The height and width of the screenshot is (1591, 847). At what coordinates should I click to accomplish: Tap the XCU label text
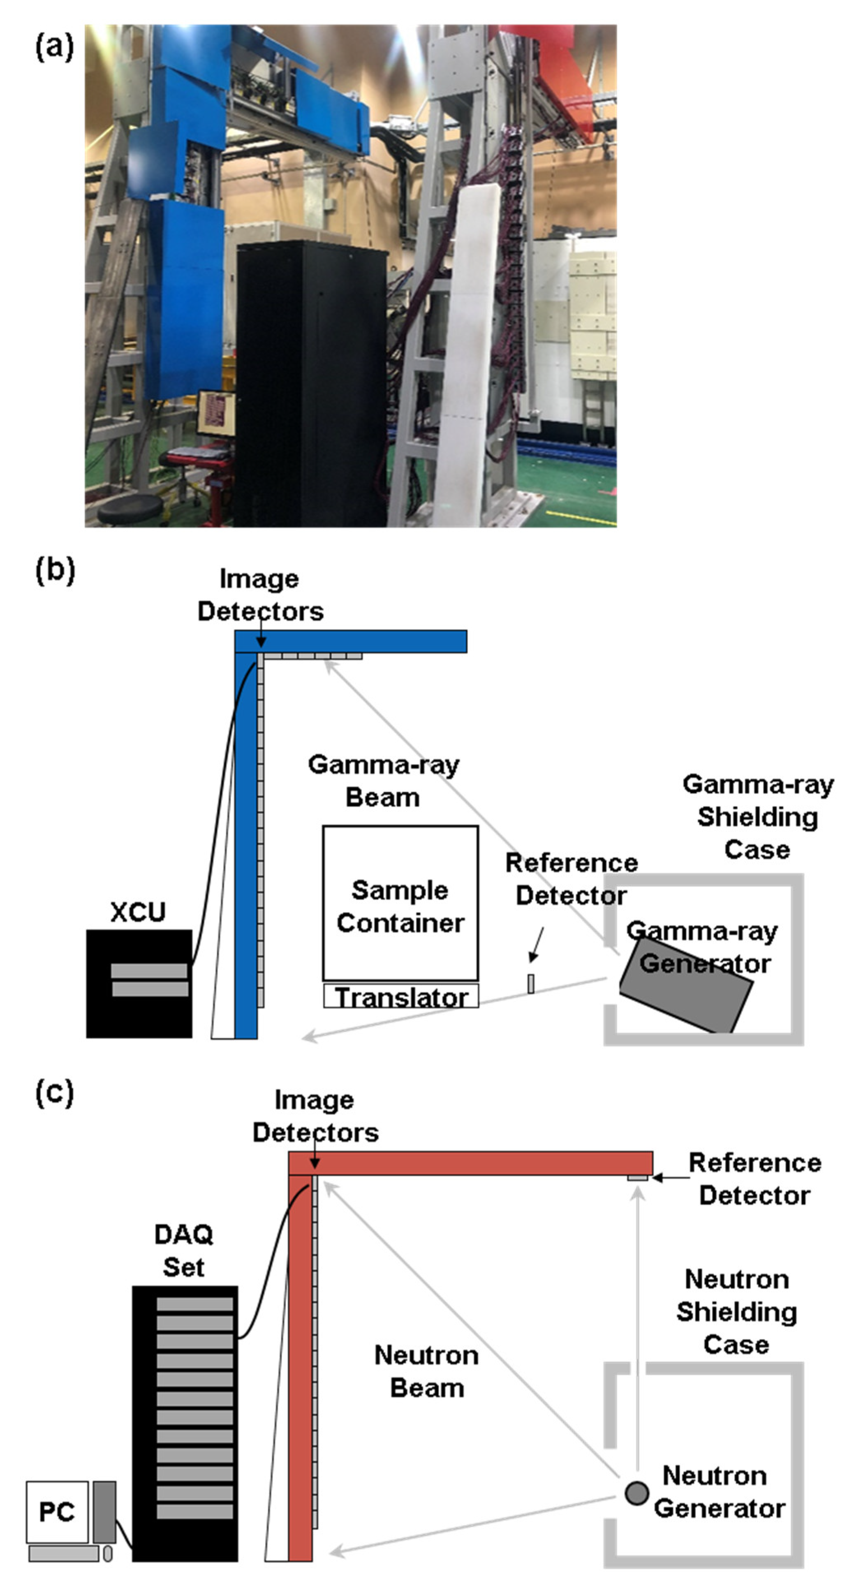(x=138, y=912)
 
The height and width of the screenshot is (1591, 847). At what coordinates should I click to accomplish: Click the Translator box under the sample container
(x=400, y=997)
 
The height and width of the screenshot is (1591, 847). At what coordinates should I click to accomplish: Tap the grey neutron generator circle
(x=636, y=1494)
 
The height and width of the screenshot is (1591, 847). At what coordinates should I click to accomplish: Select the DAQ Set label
(x=183, y=1251)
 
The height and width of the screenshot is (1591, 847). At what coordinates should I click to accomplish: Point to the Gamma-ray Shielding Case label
(x=757, y=817)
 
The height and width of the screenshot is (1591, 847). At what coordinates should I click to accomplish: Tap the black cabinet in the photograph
(x=312, y=383)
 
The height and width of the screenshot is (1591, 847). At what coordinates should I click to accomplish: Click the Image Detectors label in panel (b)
(x=260, y=595)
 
